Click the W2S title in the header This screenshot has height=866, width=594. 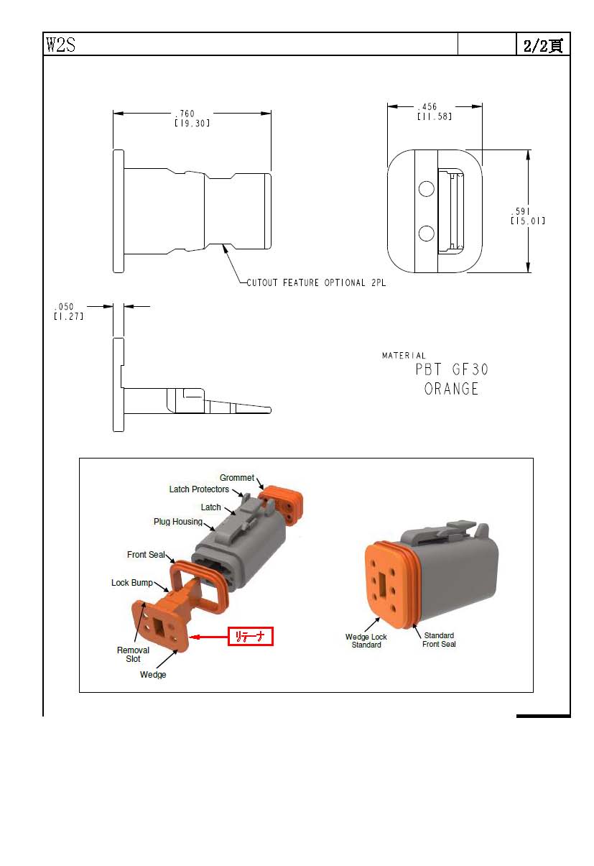tap(60, 44)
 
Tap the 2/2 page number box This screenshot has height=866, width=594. tap(543, 45)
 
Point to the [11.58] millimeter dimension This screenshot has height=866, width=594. tap(435, 116)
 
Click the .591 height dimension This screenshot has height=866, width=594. tap(521, 211)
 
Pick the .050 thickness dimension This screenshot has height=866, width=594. tap(64, 307)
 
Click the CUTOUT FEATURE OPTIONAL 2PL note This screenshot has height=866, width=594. tap(316, 282)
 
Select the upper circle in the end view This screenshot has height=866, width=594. tap(426, 189)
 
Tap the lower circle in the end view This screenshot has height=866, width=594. tap(426, 234)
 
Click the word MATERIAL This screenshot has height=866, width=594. tap(404, 355)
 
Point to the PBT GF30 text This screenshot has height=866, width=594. tap(452, 369)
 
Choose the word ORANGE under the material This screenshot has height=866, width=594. tap(451, 389)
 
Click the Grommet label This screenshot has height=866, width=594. tap(237, 478)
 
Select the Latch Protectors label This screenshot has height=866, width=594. tap(199, 489)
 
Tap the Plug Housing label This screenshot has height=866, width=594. tap(178, 522)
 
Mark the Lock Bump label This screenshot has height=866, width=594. tap(132, 583)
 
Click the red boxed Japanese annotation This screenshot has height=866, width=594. tap(251, 636)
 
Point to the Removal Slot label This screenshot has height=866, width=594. tap(133, 655)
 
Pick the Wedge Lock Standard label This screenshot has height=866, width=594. tap(366, 640)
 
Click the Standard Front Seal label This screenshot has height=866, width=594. tap(439, 640)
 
